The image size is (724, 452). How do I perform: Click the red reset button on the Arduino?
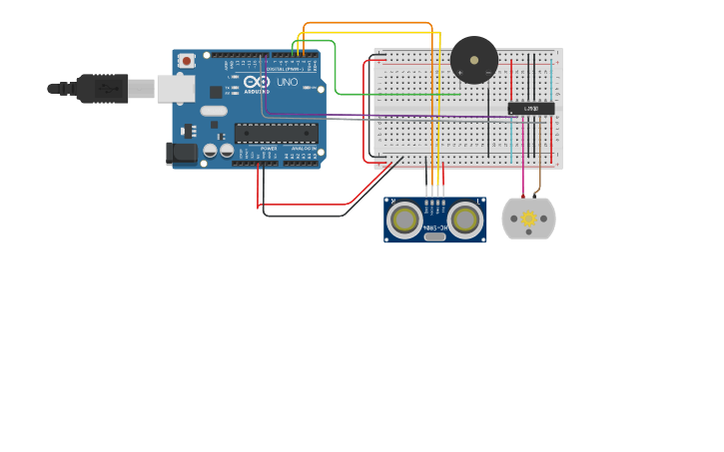pyautogui.click(x=186, y=61)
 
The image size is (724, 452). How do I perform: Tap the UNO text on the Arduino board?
pyautogui.click(x=287, y=82)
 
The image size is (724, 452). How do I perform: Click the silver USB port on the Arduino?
pyautogui.click(x=176, y=89)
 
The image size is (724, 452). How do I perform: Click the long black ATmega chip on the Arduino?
pyautogui.click(x=277, y=133)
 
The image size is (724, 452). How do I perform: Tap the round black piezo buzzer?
pyautogui.click(x=473, y=60)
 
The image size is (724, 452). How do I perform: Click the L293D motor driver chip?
pyautogui.click(x=530, y=108)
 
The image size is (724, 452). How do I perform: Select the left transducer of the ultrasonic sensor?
pyautogui.click(x=405, y=219)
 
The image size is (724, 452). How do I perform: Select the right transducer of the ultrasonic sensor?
pyautogui.click(x=464, y=219)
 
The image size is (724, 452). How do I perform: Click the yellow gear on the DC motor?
pyautogui.click(x=528, y=218)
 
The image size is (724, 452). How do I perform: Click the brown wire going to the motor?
pyautogui.click(x=540, y=180)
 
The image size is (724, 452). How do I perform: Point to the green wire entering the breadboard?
pyautogui.click(x=399, y=94)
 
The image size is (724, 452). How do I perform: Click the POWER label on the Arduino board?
pyautogui.click(x=269, y=148)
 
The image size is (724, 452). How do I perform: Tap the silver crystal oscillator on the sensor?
pyautogui.click(x=434, y=237)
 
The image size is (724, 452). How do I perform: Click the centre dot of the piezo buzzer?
pyautogui.click(x=473, y=60)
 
